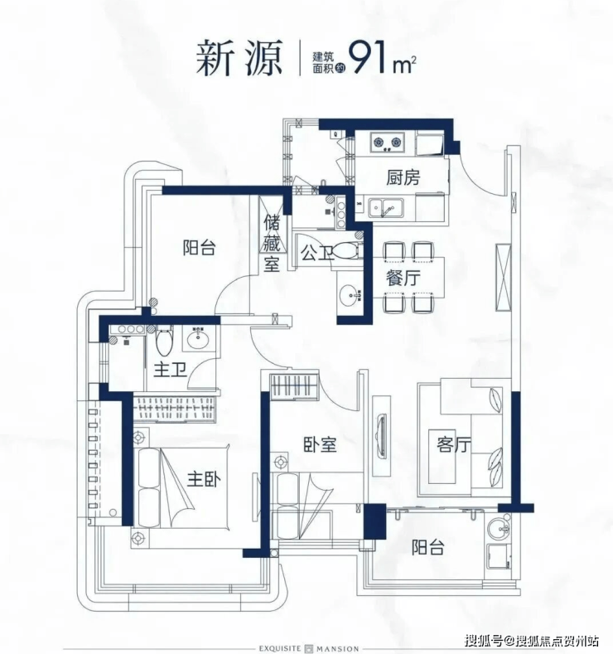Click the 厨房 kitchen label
point(403,178)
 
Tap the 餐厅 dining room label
point(403,279)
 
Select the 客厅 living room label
point(454,444)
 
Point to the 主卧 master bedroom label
point(204,480)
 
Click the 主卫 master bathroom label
point(170,370)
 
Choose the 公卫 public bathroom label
point(317,253)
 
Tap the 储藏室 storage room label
point(271,243)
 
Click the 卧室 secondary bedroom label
point(320,445)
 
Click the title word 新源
point(239,58)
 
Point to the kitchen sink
point(386,208)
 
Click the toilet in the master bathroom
point(165,342)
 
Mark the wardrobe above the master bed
point(174,408)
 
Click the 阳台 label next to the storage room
point(199,248)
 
